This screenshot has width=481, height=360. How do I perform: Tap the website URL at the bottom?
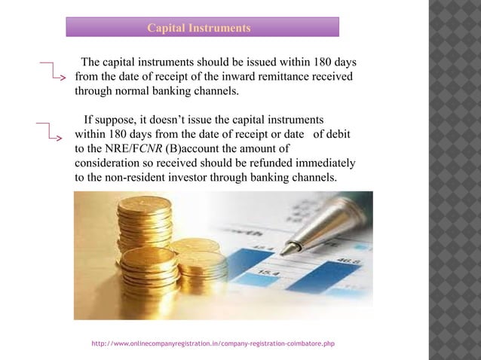tap(213, 343)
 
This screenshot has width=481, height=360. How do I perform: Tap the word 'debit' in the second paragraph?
tap(342, 134)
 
